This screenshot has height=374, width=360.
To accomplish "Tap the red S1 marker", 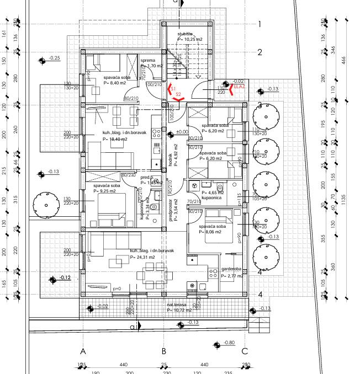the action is click(x=173, y=88).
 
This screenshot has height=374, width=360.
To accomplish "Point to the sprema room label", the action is click(x=147, y=60).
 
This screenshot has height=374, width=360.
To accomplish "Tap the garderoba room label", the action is click(x=232, y=269).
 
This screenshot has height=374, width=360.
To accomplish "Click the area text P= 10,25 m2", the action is click(x=190, y=40).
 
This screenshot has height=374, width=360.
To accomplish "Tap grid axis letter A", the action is click(x=83, y=351).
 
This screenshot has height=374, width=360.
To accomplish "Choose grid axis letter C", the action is click(x=245, y=351).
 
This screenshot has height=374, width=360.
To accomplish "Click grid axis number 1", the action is click(x=259, y=24).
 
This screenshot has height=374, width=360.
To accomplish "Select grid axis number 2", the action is click(x=259, y=52).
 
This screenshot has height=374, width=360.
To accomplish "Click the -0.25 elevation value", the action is click(x=54, y=58).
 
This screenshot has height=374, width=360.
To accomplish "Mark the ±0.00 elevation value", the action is click(x=182, y=132).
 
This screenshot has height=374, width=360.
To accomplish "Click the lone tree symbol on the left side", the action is click(x=45, y=204).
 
